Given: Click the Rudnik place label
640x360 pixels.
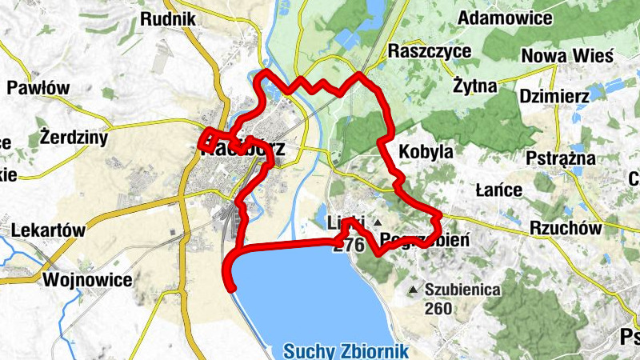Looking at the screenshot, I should (169, 18).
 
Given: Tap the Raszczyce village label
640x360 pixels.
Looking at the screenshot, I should (430, 51).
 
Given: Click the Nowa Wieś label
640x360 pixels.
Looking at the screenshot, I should (566, 56).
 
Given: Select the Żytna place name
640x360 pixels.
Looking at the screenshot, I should (474, 85).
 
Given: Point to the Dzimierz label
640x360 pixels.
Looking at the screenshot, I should (554, 96).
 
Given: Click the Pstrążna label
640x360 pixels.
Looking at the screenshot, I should (561, 158).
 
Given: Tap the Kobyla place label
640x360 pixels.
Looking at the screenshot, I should (426, 151).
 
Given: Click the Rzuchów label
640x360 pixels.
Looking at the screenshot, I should (565, 228).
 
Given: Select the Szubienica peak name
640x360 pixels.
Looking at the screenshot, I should (463, 290).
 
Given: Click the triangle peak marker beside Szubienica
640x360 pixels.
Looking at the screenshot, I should (414, 290).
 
